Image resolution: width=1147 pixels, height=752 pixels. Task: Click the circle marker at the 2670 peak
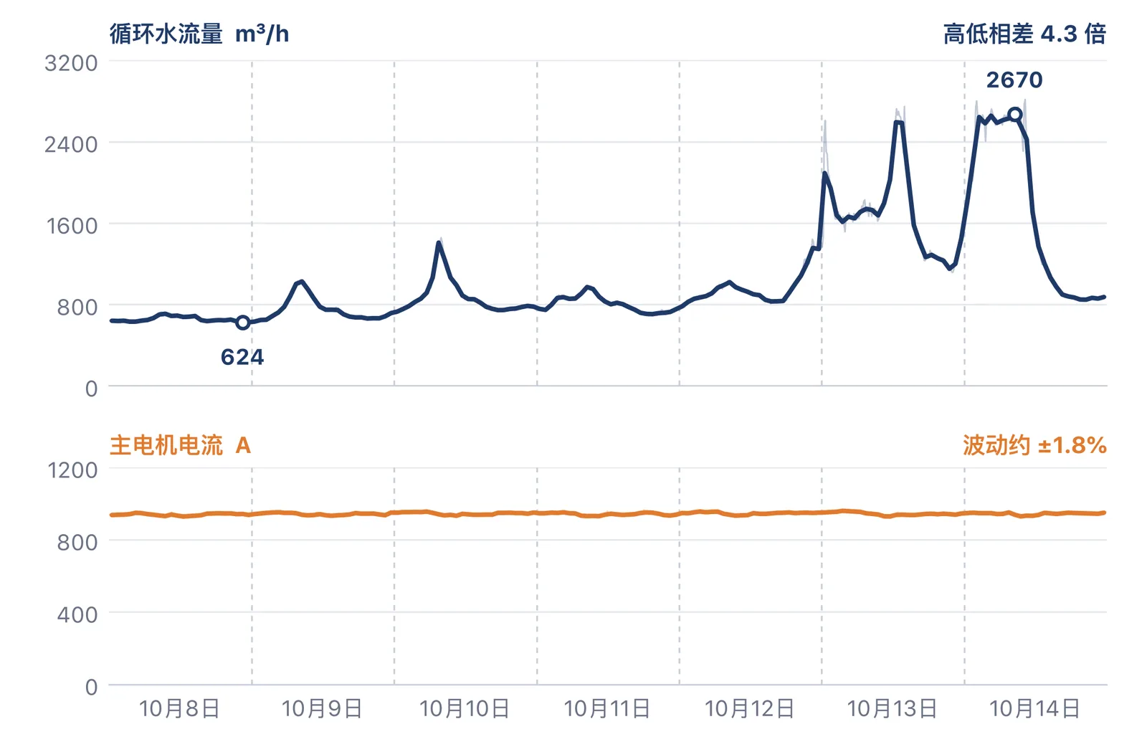(1015, 115)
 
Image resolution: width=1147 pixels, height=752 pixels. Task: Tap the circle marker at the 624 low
(243, 323)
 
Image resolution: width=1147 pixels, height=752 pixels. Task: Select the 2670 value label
(1014, 80)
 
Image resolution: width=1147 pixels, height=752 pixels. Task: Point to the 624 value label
(242, 357)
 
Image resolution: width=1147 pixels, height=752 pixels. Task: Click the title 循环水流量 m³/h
(199, 34)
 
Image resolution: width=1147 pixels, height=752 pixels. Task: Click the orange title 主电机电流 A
(180, 445)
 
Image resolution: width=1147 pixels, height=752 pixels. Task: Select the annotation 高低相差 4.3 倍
(1025, 34)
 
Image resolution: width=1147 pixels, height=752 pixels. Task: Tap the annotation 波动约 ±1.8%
(1035, 445)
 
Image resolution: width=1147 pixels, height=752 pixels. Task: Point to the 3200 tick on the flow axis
(71, 64)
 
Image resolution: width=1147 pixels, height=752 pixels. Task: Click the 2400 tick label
(71, 145)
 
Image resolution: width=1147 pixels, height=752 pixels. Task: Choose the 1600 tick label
(72, 226)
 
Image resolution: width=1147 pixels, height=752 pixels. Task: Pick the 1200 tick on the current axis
(72, 470)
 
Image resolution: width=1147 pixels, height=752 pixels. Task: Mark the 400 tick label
(77, 614)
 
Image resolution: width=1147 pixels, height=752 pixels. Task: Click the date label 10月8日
(180, 709)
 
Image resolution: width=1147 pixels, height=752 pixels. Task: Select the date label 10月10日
(465, 709)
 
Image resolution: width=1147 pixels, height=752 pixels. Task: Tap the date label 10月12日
(750, 709)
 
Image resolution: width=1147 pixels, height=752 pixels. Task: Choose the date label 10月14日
(1035, 709)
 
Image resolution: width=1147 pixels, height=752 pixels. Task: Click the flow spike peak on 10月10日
(439, 242)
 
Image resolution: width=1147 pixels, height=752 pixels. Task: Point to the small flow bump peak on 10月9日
(302, 281)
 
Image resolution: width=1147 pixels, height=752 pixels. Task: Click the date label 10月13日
(893, 709)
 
